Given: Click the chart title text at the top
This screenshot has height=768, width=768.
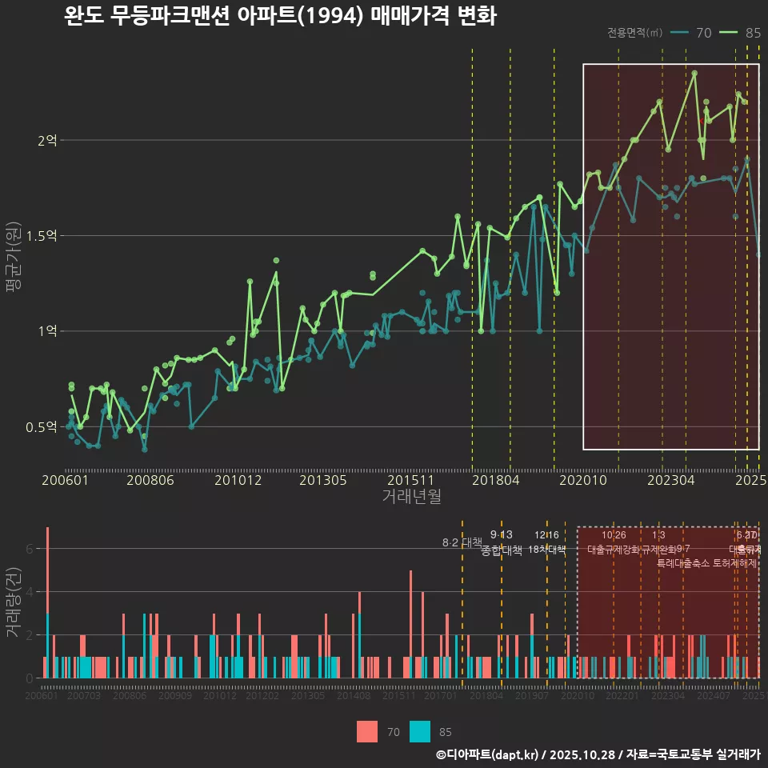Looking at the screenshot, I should pyautogui.click(x=280, y=17).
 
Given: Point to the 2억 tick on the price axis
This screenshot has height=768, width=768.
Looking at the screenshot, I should pyautogui.click(x=47, y=141).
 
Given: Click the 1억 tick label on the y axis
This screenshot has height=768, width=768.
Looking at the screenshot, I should pyautogui.click(x=47, y=331).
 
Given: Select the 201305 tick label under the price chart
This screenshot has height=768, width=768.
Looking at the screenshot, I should pyautogui.click(x=322, y=481).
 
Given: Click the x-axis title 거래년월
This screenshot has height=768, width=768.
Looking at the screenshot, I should pyautogui.click(x=411, y=497).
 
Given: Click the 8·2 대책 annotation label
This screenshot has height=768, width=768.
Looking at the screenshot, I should pyautogui.click(x=462, y=542).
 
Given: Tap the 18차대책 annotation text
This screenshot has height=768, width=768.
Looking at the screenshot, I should pyautogui.click(x=547, y=550).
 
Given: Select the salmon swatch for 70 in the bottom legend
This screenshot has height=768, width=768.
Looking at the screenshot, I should pyautogui.click(x=366, y=731).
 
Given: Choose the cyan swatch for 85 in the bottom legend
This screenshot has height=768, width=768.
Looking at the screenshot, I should pyautogui.click(x=419, y=731).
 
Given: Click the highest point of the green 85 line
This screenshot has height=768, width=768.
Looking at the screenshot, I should pyautogui.click(x=694, y=73).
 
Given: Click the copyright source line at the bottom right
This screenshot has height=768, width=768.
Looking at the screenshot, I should pyautogui.click(x=598, y=754).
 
